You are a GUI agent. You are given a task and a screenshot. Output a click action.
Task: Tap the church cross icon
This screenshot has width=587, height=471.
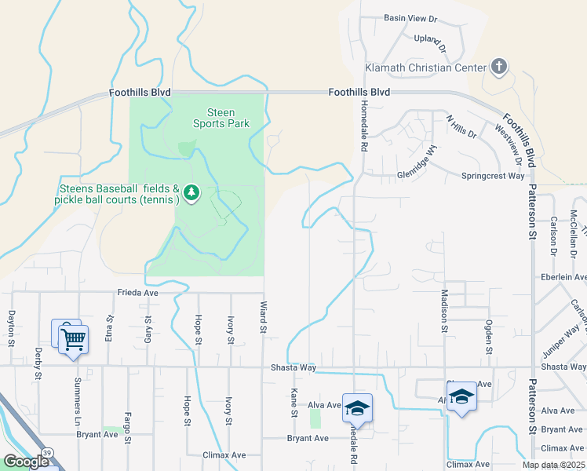tap(498, 67)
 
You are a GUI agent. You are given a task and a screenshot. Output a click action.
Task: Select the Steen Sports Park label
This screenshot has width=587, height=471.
tap(221, 118)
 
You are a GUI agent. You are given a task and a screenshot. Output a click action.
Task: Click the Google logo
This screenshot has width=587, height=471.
tap(25, 462)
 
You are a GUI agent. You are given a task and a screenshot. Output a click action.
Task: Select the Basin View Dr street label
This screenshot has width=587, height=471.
tap(410, 18)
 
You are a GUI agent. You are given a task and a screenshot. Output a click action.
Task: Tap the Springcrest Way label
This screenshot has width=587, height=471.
tap(492, 176)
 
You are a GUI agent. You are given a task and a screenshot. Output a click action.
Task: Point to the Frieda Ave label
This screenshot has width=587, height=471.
tap(138, 292)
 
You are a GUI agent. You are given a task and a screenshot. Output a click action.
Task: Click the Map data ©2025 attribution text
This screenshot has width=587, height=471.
tap(552, 465)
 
